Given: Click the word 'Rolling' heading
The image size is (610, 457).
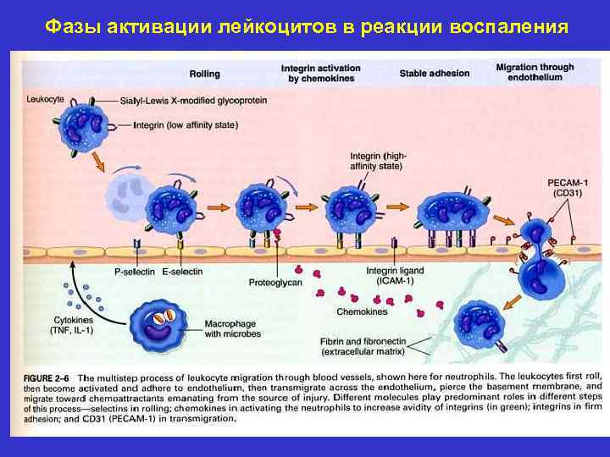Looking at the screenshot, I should pyautogui.click(x=205, y=73).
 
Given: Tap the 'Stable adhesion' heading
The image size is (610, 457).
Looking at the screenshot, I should pyautogui.click(x=434, y=73).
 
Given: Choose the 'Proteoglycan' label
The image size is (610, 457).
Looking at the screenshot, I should pyautogui.click(x=276, y=282).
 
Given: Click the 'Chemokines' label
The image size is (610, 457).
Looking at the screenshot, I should pyautogui.click(x=362, y=311).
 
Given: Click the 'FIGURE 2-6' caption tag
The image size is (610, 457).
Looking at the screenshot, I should pyautogui.click(x=47, y=375).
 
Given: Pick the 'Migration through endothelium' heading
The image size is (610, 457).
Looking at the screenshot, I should pyautogui.click(x=535, y=72).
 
